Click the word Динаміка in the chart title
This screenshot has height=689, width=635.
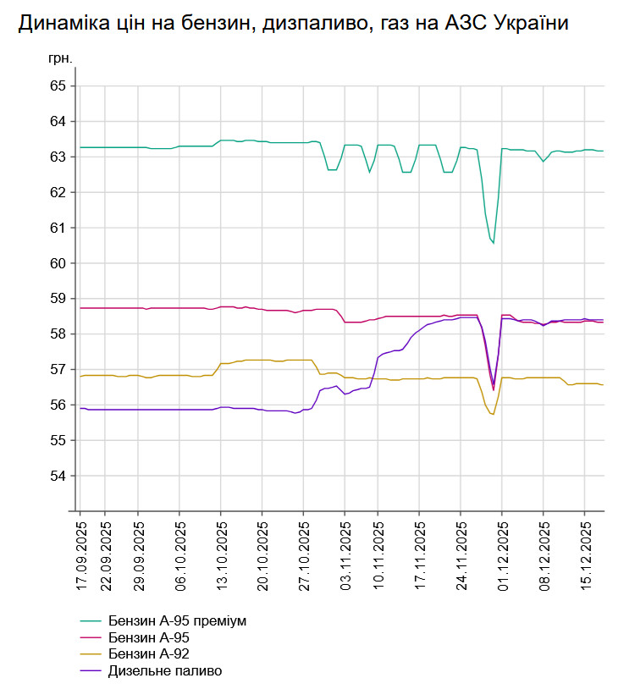(x=59, y=24)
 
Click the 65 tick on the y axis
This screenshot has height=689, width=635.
(x=58, y=86)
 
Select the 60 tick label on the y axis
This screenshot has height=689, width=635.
(x=58, y=263)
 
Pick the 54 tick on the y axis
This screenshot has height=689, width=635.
(x=58, y=476)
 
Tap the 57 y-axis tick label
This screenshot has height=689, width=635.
(x=58, y=370)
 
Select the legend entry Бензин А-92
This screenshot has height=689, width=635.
(x=148, y=654)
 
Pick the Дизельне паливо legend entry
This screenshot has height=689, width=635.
(x=165, y=671)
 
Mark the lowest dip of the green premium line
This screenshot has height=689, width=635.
(x=493, y=244)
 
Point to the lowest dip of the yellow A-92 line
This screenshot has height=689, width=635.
(x=493, y=414)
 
